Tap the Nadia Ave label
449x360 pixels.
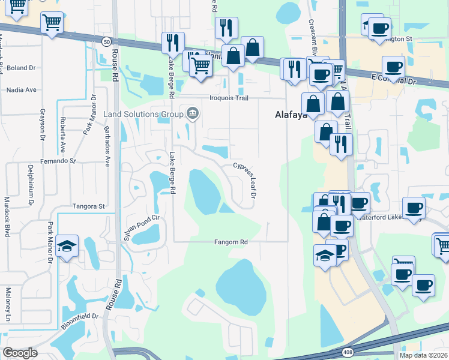[x=22, y=90]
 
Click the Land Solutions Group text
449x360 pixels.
[x=143, y=114]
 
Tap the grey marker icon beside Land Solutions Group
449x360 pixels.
[x=193, y=112]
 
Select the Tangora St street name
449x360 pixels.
[x=88, y=206]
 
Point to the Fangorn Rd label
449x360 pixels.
[x=232, y=242]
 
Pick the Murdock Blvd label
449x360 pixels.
[x=7, y=216]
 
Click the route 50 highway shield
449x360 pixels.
[x=106, y=41]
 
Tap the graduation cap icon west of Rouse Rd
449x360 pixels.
[x=67, y=246]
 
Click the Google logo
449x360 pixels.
[x=20, y=353]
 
